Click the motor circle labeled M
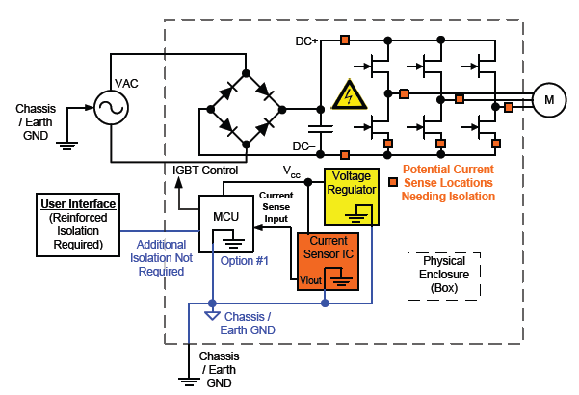tap(550, 99)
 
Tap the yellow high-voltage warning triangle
tap(344, 95)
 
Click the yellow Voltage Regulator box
tap(352, 197)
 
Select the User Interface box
tap(78, 224)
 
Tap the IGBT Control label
tap(205, 171)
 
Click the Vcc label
tap(291, 171)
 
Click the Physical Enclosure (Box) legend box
tap(444, 274)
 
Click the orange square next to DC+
tap(345, 40)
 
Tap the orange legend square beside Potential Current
tap(393, 181)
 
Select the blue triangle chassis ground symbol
tap(212, 315)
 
